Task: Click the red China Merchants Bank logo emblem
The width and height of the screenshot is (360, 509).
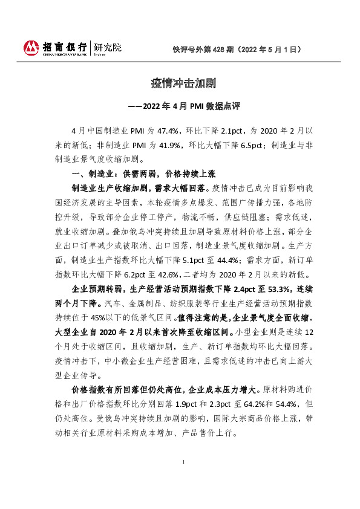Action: pos(31,47)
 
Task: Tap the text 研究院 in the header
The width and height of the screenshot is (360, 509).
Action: pos(107,46)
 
